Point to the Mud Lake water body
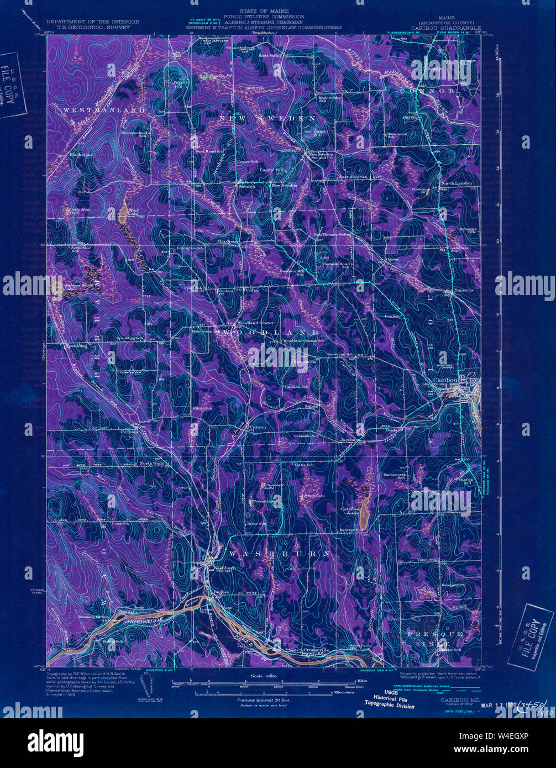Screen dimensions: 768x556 (x=123, y=213)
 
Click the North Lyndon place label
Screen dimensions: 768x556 (x=456, y=183)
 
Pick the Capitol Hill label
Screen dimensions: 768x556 (x=272, y=170)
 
